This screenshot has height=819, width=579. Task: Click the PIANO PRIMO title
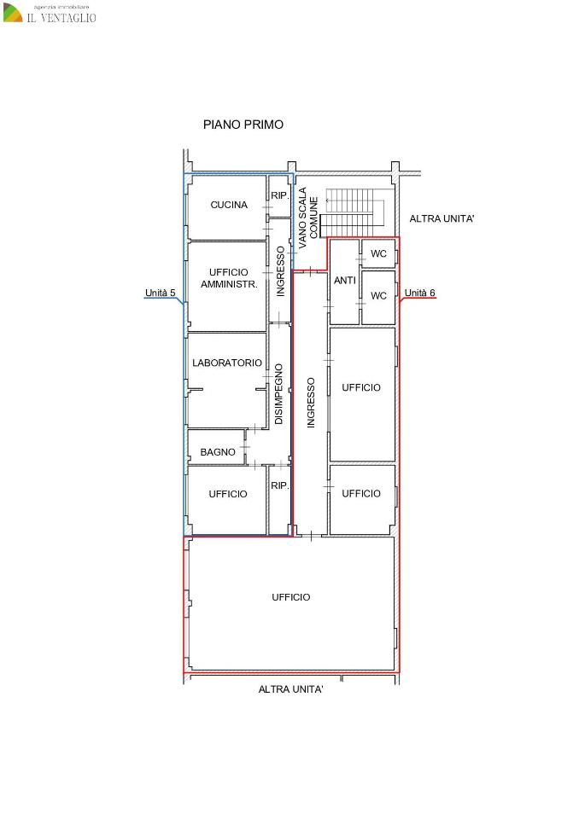tap(243, 125)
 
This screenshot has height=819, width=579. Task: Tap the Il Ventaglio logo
tap(50, 15)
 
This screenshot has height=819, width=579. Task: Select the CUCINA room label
tap(229, 205)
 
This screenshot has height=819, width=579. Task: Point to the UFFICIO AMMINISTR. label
tap(229, 278)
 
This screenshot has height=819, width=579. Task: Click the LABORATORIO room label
tap(227, 363)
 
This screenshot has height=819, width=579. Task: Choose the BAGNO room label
tap(218, 452)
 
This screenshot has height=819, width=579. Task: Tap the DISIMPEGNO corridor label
tap(278, 394)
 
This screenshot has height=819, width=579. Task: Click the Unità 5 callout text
tap(160, 293)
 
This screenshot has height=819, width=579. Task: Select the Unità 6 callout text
tap(420, 293)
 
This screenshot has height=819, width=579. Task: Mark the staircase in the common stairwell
tap(349, 213)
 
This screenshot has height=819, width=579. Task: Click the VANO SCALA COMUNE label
tap(308, 218)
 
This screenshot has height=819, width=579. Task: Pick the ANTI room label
tap(345, 281)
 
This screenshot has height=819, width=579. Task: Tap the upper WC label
tap(378, 254)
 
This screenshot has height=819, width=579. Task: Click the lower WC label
tap(378, 296)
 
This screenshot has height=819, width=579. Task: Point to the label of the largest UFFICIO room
tap(291, 597)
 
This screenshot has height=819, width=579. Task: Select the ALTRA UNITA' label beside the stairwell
tap(442, 219)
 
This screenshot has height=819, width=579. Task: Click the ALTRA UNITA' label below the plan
tap(291, 689)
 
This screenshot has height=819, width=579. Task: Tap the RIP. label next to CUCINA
tap(280, 195)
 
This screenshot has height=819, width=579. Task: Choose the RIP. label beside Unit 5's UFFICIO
tap(280, 485)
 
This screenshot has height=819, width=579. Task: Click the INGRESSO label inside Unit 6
tap(311, 404)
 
